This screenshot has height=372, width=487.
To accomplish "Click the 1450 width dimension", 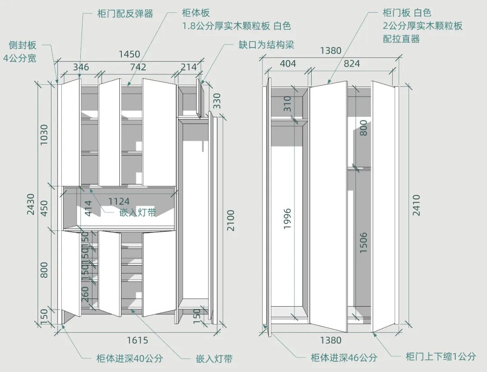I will tap(129, 55).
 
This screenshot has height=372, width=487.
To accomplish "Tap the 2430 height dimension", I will tap(30, 204).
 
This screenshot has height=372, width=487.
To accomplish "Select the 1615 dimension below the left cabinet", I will tap(137, 340).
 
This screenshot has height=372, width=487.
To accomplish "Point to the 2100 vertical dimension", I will tap(230, 220).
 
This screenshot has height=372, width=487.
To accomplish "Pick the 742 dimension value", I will tap(138, 67).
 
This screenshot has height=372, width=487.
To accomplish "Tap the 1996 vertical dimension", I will tap(287, 219).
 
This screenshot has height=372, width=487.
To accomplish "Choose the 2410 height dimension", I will tap(416, 205).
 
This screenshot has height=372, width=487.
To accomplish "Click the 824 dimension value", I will tap(352, 64).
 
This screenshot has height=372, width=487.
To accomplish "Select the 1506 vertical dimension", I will tap(364, 243).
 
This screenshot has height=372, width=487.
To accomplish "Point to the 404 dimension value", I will tap(288, 64).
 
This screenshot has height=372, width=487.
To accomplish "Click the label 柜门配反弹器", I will tap(125, 14).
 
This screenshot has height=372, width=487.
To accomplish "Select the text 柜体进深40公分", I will tap(129, 359).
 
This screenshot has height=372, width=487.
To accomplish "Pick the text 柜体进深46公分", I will tap(344, 358).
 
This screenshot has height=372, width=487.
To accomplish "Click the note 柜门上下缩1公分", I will tap(441, 357).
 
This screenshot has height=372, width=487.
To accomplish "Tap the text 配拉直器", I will tap(401, 39).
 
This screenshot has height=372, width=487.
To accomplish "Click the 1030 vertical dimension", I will tap(44, 135).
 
